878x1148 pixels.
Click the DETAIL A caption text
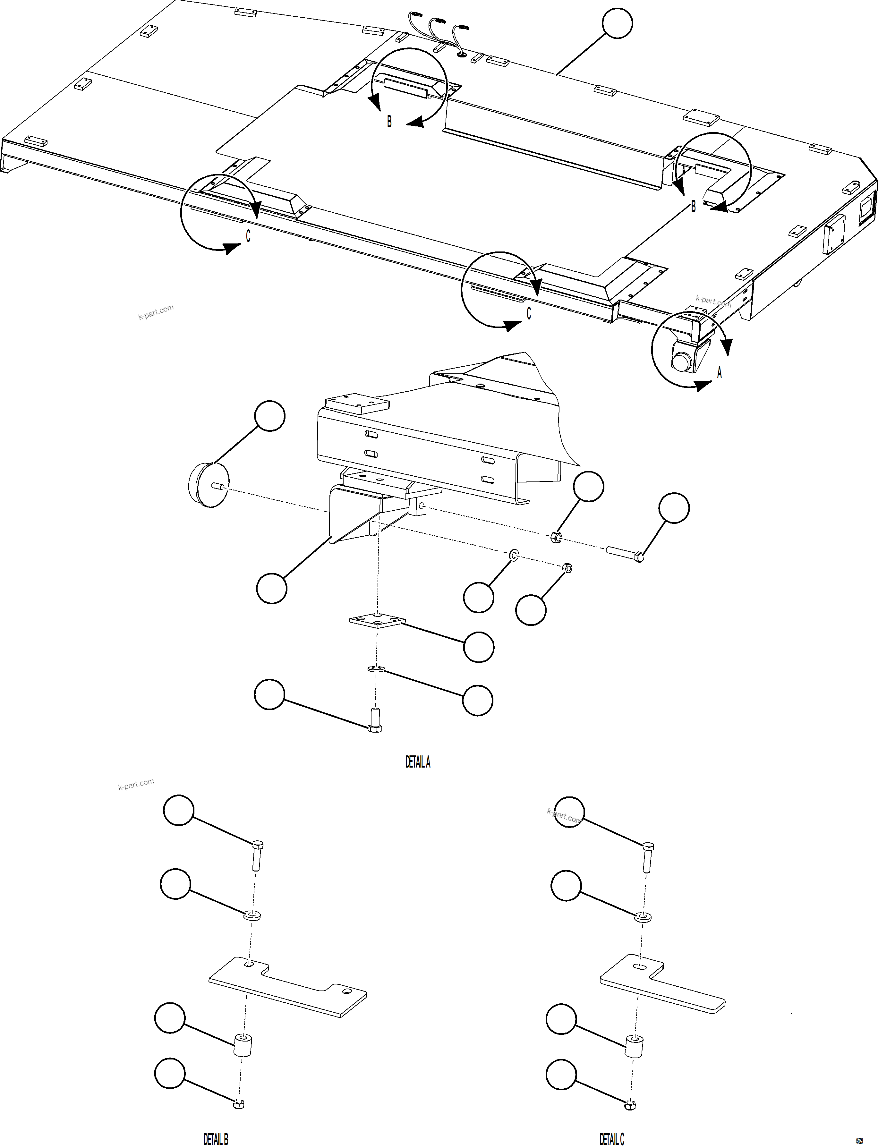[x=418, y=762]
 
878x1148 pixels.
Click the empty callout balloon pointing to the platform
[x=617, y=23]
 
